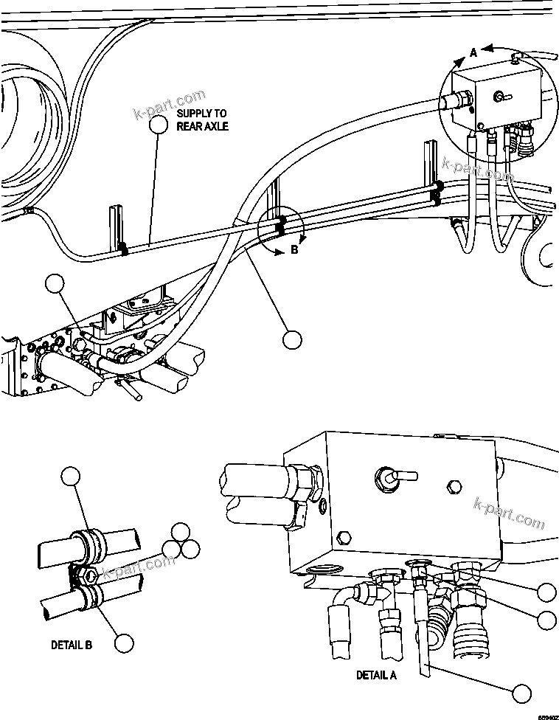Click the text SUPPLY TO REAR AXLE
[x=202, y=120]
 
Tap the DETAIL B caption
[x=72, y=644]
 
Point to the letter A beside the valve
[x=474, y=52]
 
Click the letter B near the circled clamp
[x=294, y=250]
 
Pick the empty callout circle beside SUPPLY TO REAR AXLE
[x=159, y=124]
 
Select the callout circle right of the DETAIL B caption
[x=125, y=643]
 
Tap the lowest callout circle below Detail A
[x=522, y=693]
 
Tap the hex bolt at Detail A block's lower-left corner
[x=340, y=536]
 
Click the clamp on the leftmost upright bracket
[x=124, y=249]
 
